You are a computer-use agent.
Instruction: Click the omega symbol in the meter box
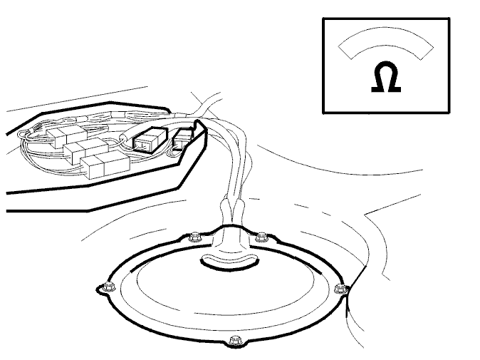pos(386,76)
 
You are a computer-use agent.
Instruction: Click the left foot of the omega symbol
pos(377,89)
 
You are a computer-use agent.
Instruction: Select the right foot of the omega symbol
pos(395,89)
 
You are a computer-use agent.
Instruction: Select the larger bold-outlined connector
pos(150,140)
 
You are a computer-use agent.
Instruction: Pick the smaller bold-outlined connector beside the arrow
pos(183,140)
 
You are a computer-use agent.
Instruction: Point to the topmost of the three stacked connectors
pos(66,135)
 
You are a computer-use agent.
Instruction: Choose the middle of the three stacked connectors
pos(85,150)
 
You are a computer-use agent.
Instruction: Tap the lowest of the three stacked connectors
pos(105,166)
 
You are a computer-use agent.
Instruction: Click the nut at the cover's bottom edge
pos(234,341)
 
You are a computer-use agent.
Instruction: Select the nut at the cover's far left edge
pos(107,287)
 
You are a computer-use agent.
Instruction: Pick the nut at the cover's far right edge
pos(340,289)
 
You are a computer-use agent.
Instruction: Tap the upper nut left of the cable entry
pos(194,237)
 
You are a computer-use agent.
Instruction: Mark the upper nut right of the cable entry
pos(261,237)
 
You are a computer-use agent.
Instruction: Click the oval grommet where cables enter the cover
pos(229,262)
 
